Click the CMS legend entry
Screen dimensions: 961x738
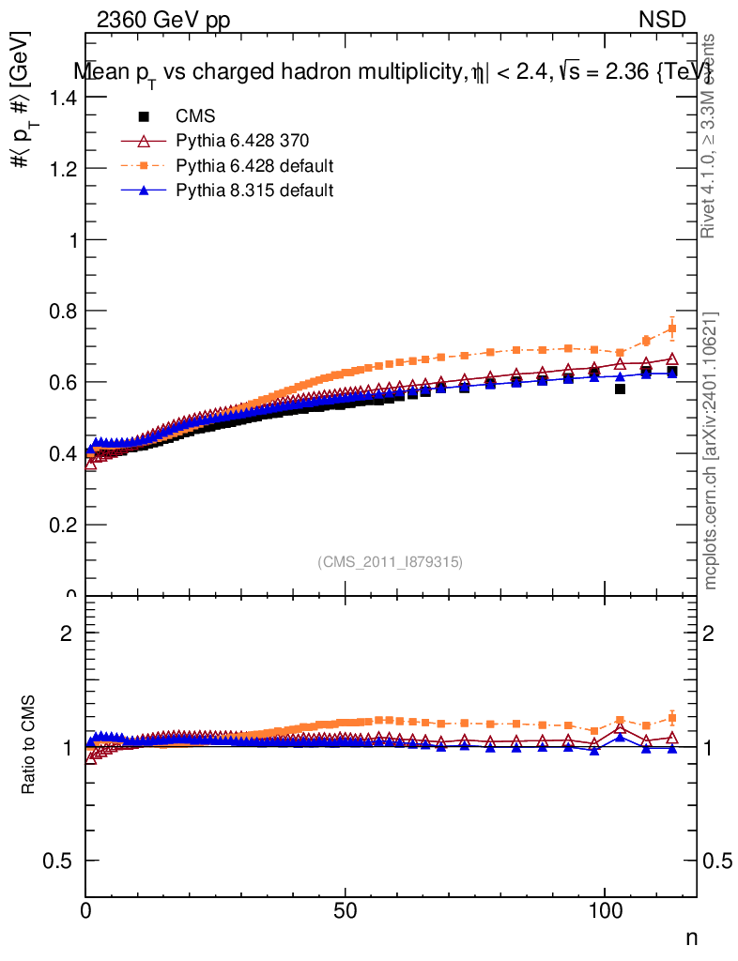click(195, 116)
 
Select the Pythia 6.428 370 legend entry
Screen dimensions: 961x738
click(242, 141)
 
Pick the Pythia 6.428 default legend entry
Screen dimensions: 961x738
click(254, 166)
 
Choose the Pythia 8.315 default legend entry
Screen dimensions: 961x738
click(254, 191)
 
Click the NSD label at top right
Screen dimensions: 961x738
click(663, 21)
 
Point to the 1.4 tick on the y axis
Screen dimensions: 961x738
click(60, 97)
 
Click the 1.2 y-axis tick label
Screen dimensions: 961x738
click(60, 169)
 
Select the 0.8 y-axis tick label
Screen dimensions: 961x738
click(60, 311)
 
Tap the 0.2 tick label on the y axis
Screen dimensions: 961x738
click(60, 525)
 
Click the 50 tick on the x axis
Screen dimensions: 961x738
click(346, 910)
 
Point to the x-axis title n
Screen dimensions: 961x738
click(691, 938)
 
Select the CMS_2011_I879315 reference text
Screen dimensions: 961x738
click(391, 562)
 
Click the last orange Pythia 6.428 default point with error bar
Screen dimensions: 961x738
click(671, 328)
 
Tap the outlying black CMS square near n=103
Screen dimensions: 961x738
click(620, 389)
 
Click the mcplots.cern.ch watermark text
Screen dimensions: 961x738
click(711, 450)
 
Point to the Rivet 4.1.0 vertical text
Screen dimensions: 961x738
click(710, 136)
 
